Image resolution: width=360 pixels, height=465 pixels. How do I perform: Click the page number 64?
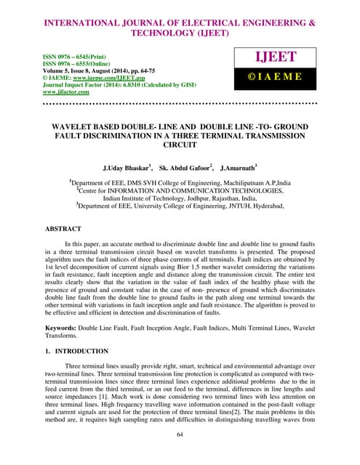coord(180,434)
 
